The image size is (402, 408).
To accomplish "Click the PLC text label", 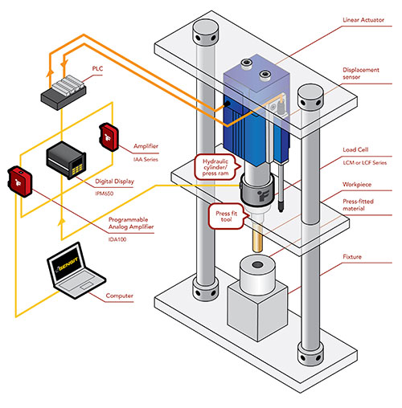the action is point(97,68).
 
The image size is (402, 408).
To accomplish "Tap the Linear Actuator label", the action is point(363,20).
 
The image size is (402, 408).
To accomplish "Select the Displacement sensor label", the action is point(361,73).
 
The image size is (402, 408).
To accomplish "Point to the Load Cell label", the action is point(355,149).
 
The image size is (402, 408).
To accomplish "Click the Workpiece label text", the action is point(357,185).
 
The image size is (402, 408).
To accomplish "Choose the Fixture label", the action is point(352,257).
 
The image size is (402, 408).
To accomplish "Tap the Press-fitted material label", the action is point(358,205).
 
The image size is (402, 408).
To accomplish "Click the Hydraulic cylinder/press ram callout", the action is point(216,167).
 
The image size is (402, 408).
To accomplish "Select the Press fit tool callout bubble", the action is point(228,216).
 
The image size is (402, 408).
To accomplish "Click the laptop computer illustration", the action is point(76,271).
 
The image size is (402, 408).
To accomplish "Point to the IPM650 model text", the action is point(105,194).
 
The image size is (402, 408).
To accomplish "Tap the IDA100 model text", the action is point(117,239).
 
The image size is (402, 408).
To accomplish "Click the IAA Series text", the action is point(146,160).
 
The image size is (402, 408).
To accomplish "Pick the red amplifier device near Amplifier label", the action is point(109,137).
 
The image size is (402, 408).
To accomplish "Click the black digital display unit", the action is point(66,160).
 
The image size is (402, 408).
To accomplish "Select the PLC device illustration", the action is point(64,92).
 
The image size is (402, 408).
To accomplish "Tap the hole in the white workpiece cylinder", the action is point(258,265).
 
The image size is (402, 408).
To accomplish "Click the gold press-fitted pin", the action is point(257,238).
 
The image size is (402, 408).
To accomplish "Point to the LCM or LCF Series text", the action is point(365,162).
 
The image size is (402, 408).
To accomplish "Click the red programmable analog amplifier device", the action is point(20,182).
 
